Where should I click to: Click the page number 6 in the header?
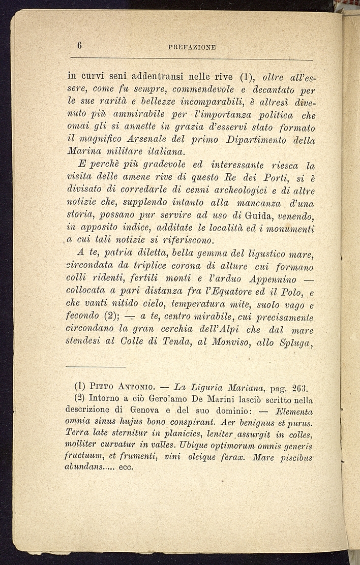(80, 45)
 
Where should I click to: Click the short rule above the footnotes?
(96, 367)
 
